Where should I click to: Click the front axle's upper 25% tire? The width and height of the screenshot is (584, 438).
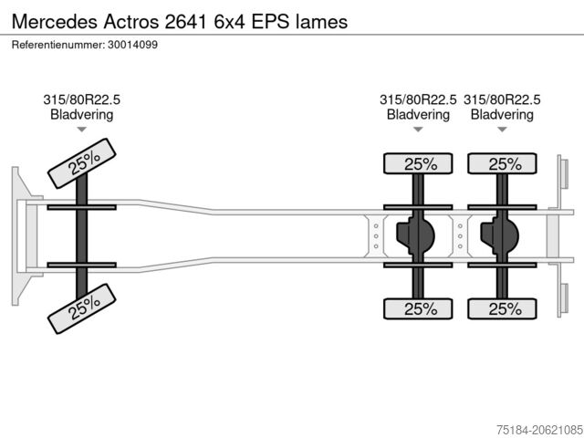(x=82, y=163)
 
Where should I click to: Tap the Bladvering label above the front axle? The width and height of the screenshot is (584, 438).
(x=82, y=115)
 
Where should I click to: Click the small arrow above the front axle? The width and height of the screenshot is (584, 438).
(x=82, y=130)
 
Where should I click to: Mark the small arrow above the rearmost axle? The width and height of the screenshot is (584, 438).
(x=502, y=130)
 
